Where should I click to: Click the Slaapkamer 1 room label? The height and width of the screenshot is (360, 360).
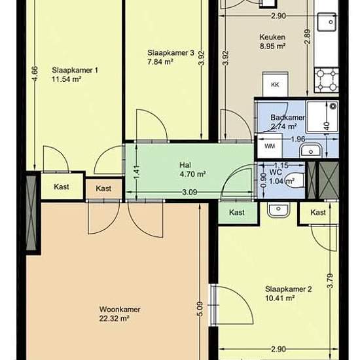coord(75,70)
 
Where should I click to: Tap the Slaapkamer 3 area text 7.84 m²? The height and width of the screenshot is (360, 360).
coord(160,62)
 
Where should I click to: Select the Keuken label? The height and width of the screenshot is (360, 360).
coord(272,37)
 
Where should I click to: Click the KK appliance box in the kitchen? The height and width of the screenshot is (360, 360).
coord(275,84)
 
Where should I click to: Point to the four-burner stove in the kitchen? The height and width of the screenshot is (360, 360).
coord(326,80)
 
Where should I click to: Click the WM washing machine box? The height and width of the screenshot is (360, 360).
coord(270,146)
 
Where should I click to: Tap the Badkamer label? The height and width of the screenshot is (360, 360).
coord(288,118)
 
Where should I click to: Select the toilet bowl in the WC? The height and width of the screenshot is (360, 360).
coord(295,180)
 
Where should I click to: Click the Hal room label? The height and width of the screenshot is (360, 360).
coord(185,165)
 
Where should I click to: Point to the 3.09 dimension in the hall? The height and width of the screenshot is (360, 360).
coord(190,192)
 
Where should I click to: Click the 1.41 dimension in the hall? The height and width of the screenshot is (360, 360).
coord(136,172)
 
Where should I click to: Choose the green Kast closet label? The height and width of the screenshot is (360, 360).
coord(237,212)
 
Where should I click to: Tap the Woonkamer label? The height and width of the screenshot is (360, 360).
coord(120,309)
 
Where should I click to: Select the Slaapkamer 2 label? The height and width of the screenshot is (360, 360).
coord(289,289)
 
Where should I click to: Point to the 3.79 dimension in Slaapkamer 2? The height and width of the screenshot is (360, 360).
coord(330,281)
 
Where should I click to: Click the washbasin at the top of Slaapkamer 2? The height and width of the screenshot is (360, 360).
coord(278,209)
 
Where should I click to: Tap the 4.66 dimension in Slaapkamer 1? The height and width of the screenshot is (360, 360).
coord(35,74)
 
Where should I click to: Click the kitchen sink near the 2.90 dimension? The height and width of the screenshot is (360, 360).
coord(327,22)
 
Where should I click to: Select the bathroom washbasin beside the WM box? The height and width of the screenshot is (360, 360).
coord(311,151)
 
